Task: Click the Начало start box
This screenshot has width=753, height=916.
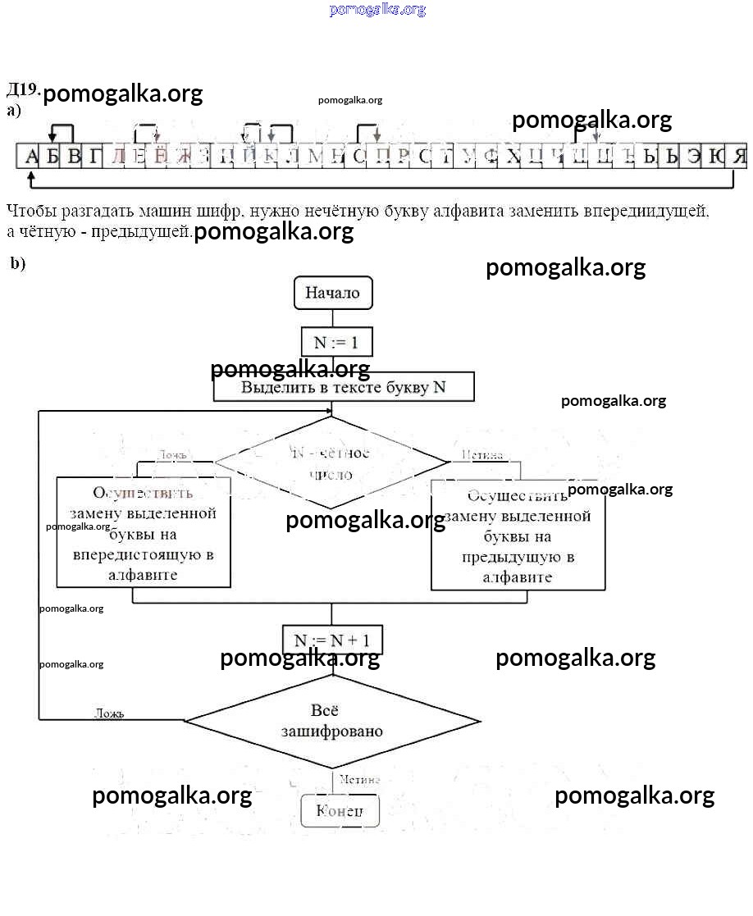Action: [332, 293]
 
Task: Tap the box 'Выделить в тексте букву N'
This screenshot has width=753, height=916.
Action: [344, 387]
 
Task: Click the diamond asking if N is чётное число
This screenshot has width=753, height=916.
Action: [331, 463]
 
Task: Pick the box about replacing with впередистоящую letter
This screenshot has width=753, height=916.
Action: [143, 533]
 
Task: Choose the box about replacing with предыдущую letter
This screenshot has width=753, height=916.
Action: [518, 536]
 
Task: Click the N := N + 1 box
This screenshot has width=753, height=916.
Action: [332, 640]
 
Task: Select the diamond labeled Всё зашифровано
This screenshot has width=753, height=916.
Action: [332, 721]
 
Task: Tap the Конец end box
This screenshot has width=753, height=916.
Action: [340, 811]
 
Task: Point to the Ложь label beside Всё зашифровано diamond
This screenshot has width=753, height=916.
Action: [108, 713]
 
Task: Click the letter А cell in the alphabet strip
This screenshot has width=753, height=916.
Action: [31, 156]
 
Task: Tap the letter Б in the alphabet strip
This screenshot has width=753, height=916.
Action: [52, 156]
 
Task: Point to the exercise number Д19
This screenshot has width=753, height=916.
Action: [22, 89]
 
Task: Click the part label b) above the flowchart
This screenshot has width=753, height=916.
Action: [18, 263]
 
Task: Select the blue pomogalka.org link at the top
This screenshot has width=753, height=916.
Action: [377, 10]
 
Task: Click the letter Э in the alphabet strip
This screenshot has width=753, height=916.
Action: [695, 156]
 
